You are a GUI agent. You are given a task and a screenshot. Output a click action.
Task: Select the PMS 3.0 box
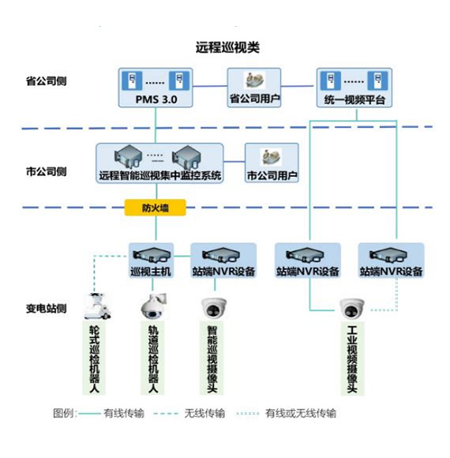155,88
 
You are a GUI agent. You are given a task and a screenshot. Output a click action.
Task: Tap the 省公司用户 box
255,88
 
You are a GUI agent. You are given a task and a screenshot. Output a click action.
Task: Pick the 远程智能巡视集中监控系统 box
160,163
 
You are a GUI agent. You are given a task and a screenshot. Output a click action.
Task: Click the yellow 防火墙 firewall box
155,208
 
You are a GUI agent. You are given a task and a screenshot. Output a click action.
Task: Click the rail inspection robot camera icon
151,305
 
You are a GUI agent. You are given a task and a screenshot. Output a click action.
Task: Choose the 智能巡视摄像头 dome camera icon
212,305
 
